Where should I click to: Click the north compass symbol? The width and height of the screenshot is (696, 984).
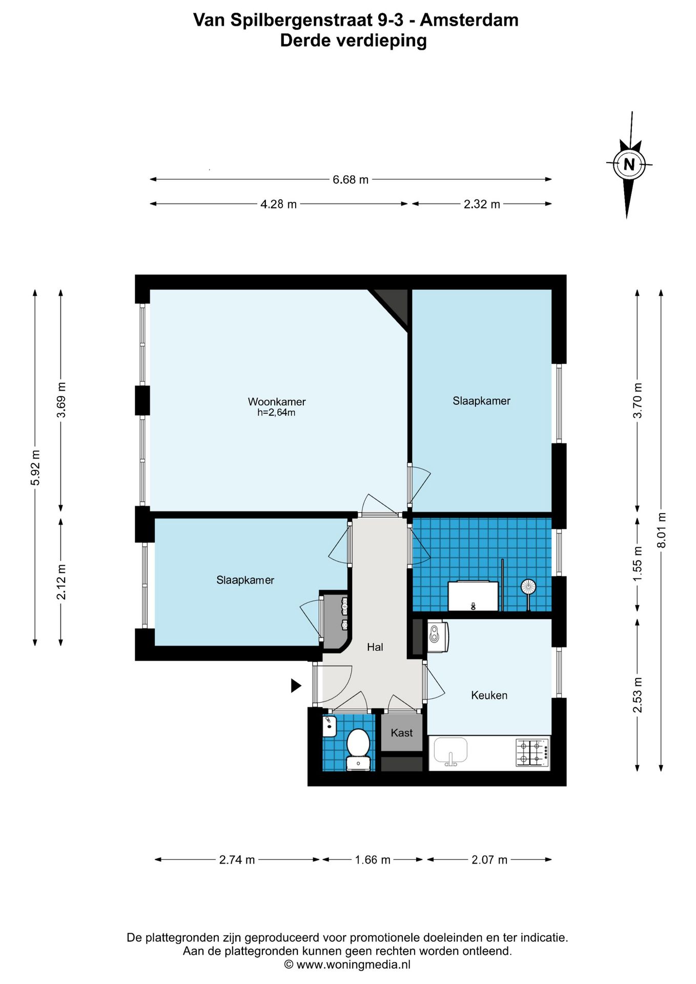click(x=629, y=165)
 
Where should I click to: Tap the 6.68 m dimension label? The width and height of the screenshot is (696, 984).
click(x=351, y=180)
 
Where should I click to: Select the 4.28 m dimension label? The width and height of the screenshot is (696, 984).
click(x=278, y=204)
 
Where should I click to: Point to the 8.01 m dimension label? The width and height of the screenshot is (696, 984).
click(x=661, y=530)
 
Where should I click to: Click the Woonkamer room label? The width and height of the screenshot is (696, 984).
click(x=277, y=402)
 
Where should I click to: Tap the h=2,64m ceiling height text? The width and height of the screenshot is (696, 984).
click(x=276, y=413)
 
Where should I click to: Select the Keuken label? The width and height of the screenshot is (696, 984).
click(x=489, y=695)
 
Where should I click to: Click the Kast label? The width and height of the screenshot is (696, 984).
click(x=401, y=733)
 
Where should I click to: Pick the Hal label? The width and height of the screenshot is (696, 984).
click(x=375, y=647)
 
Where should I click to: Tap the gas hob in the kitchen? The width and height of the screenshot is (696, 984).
click(x=533, y=752)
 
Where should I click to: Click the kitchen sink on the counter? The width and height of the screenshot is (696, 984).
click(x=451, y=751)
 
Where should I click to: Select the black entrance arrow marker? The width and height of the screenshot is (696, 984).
click(x=296, y=686)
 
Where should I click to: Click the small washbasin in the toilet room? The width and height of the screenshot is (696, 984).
click(x=330, y=727)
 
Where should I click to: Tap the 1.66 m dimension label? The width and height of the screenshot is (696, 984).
click(x=373, y=860)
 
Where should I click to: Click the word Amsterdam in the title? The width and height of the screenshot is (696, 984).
click(x=469, y=20)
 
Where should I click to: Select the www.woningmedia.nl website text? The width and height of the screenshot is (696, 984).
click(x=354, y=965)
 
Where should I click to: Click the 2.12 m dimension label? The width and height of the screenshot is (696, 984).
click(x=62, y=582)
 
